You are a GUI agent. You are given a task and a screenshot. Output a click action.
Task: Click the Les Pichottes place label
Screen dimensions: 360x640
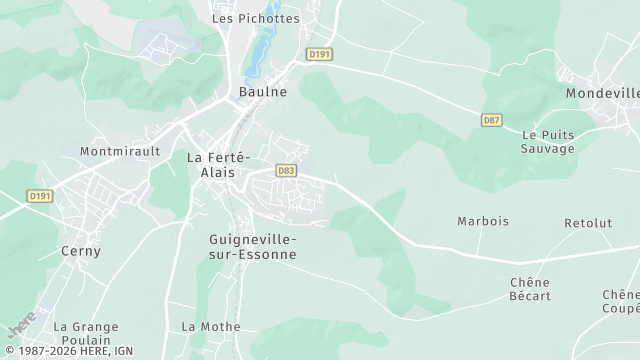click(x=255, y=18)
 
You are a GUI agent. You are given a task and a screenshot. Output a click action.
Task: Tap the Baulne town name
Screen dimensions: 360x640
click(x=263, y=92)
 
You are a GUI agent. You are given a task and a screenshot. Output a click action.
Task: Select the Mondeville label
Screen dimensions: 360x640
click(x=602, y=93)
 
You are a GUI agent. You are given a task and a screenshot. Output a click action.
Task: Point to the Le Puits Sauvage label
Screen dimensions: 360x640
click(x=548, y=141)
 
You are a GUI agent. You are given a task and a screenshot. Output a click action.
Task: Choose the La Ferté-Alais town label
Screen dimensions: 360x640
click(x=219, y=165)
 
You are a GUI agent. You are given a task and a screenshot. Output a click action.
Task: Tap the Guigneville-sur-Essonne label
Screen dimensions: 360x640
click(x=253, y=246)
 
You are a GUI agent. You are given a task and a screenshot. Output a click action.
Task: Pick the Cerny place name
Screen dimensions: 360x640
click(x=81, y=251)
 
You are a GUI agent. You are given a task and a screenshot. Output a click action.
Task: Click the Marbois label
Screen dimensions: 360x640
click(x=483, y=221)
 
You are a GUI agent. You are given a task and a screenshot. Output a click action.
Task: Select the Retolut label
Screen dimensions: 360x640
click(x=588, y=223)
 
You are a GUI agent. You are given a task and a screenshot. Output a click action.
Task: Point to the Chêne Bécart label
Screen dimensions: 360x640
click(x=530, y=289)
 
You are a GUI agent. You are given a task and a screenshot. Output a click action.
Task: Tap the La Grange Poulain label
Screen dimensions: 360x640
click(x=86, y=333)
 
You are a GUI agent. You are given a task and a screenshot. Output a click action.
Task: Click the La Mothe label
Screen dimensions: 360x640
click(x=211, y=327)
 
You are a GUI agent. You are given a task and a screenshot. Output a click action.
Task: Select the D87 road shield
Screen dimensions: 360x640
click(x=491, y=120)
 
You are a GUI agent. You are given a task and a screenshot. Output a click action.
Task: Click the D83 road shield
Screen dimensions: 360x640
click(x=286, y=171)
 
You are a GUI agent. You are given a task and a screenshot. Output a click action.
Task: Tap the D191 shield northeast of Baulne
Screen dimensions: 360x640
click(x=319, y=54)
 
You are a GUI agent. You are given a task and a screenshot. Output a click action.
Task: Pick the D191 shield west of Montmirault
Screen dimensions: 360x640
click(x=40, y=196)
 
